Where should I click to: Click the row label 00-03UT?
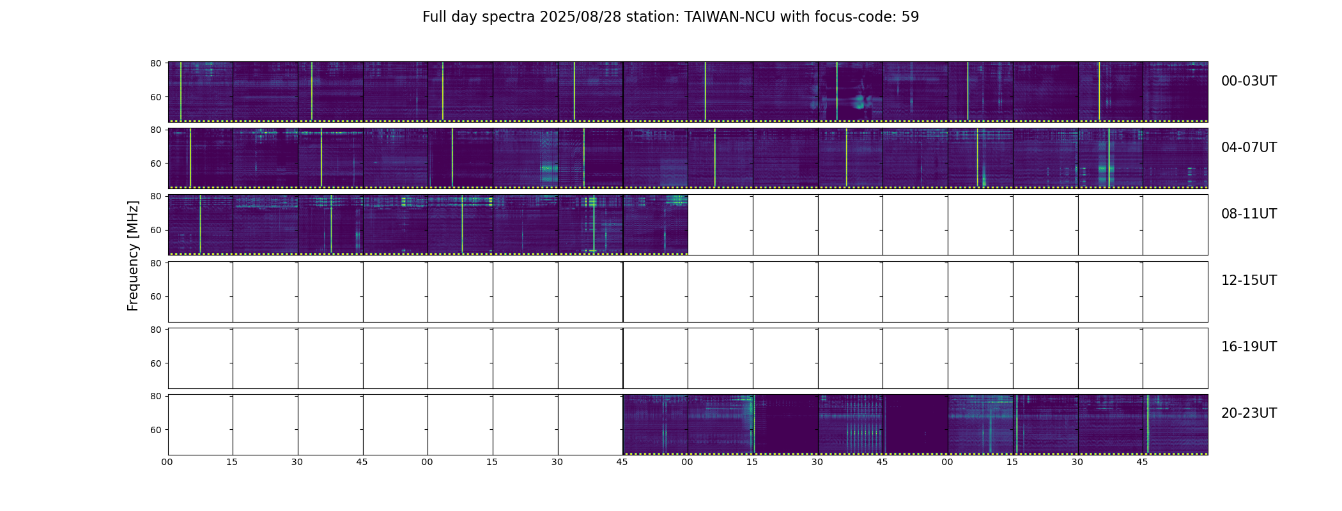click(1249, 81)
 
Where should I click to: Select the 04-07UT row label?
click(1249, 148)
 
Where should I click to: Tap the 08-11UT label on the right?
click(1249, 214)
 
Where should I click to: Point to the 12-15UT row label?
click(1249, 280)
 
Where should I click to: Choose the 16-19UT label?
click(1249, 347)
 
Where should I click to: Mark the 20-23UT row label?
click(1249, 413)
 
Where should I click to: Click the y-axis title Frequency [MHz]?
click(133, 256)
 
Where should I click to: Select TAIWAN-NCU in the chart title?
click(730, 17)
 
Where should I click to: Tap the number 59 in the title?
click(910, 17)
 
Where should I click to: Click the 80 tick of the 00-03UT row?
click(156, 63)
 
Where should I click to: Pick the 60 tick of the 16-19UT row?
click(156, 363)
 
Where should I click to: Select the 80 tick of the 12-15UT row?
click(156, 263)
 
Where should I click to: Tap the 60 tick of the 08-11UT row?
click(156, 230)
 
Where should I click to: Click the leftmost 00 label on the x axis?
click(167, 462)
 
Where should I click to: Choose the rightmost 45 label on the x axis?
click(1142, 462)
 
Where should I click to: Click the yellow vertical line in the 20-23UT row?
click(1148, 424)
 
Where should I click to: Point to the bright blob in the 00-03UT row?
click(859, 101)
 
